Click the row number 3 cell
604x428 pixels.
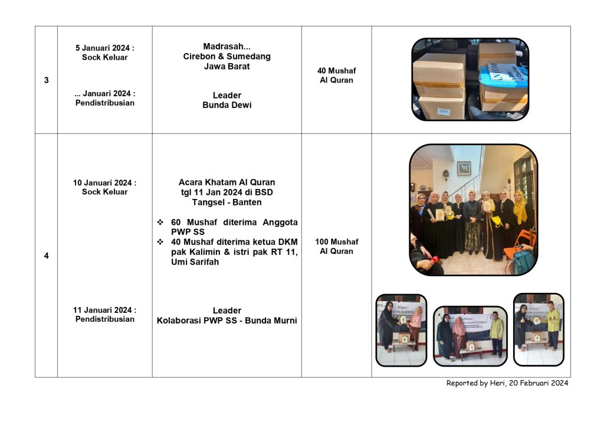pos(46,80)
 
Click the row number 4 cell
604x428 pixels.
pos(46,256)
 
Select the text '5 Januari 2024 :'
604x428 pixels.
pos(104,48)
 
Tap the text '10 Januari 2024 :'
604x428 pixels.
pos(104,182)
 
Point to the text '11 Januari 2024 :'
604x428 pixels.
pos(104,310)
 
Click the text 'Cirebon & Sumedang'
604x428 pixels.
pos(226,57)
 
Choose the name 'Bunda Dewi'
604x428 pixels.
pos(226,105)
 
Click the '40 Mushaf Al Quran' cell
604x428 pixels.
pos(336,76)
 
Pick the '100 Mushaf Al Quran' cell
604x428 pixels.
pos(336,246)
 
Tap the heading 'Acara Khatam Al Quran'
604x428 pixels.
pos(226,182)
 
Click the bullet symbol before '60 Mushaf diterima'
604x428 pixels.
pos(160,223)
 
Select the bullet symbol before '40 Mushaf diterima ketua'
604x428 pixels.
pos(160,242)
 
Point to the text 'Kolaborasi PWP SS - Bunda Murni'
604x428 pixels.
pos(226,321)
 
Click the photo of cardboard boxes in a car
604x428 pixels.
pos(470,79)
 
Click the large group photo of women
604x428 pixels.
pos(473,210)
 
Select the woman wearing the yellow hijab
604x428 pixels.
pos(520,207)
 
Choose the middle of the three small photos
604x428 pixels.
pos(470,335)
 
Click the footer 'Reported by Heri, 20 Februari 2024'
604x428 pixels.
pos(507,383)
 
